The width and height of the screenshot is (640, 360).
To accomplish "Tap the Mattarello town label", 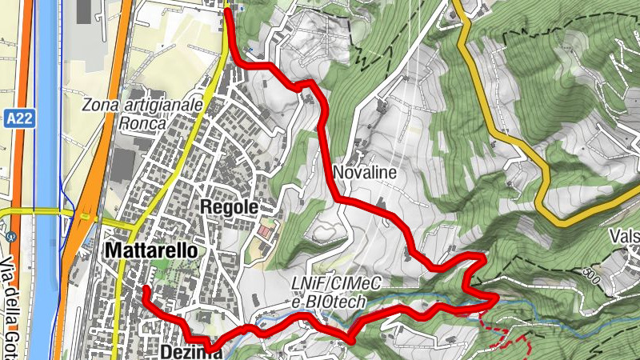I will click(x=150, y=250).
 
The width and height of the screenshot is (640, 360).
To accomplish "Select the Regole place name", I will click(x=231, y=206).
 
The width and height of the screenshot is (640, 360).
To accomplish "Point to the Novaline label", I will click(x=365, y=172).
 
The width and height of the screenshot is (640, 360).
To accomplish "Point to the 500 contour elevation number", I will click(x=593, y=274).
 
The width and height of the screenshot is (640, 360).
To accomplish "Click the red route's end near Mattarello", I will click(x=146, y=288).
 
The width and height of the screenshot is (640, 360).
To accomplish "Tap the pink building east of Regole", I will click(x=264, y=231).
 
